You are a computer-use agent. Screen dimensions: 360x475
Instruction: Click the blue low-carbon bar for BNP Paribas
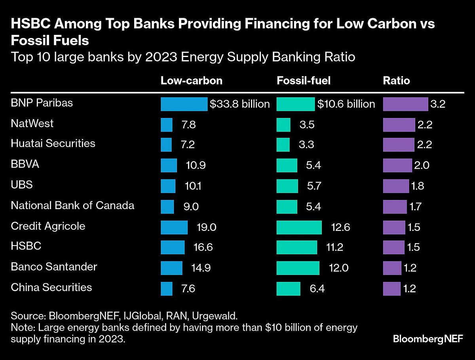click(184, 104)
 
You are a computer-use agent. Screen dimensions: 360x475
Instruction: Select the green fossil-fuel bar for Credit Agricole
click(299, 227)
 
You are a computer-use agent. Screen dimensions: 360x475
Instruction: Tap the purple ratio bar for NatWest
click(399, 124)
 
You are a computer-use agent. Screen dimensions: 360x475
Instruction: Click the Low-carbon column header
click(191, 81)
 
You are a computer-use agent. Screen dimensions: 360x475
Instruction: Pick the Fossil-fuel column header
click(303, 81)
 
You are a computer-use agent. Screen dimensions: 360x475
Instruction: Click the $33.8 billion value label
click(240, 104)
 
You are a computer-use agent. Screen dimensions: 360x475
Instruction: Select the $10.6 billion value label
click(346, 104)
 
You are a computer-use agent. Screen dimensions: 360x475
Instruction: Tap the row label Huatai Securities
click(53, 143)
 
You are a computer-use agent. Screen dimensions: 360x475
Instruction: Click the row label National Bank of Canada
click(72, 206)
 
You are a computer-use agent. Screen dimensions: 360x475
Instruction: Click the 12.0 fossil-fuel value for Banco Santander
click(339, 268)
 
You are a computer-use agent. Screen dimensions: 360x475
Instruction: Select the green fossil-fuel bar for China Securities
click(288, 288)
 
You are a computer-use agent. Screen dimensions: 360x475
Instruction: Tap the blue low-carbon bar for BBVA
click(169, 166)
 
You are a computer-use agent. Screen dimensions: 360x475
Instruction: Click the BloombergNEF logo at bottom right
click(427, 339)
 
